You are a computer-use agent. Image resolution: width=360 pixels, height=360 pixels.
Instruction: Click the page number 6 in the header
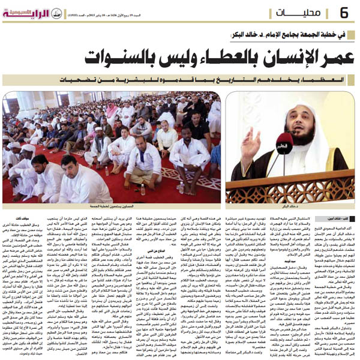tap(344, 12)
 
